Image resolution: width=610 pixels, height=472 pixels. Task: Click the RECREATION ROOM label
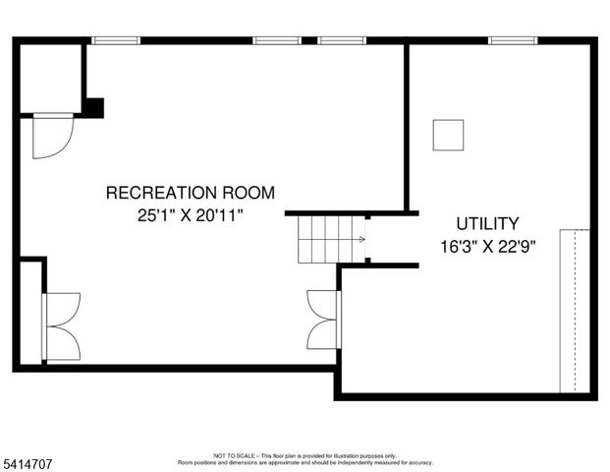190,193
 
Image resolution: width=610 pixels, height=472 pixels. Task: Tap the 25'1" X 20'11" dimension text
190,214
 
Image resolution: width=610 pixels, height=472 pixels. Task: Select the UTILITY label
487,223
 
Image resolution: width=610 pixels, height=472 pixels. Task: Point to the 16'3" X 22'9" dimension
488,246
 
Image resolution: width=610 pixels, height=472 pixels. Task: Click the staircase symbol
331,239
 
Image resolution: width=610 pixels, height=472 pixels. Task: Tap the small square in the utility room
448,135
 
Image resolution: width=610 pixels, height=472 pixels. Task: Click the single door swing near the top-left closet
51,136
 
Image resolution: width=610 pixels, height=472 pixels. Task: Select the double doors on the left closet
61,326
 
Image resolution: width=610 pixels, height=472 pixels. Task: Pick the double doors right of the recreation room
323,320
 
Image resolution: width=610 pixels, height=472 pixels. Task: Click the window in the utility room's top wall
513,40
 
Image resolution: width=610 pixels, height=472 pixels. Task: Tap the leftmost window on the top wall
116,40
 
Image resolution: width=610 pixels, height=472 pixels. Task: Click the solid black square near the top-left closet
93,107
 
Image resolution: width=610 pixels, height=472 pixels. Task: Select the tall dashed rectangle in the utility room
574,311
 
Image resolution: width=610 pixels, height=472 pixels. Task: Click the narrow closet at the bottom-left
30,313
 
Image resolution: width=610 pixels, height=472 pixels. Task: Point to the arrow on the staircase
361,239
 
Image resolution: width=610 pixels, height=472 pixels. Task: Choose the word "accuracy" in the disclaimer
420,462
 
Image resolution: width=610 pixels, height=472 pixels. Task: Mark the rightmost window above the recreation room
341,40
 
